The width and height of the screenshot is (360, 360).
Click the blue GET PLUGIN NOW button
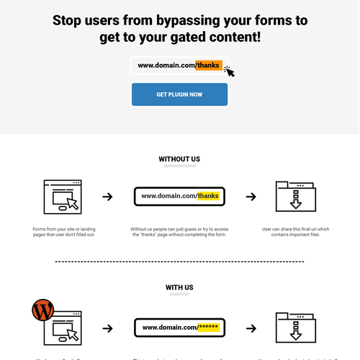tap(179, 94)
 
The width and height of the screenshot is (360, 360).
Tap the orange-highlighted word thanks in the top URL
tap(207, 66)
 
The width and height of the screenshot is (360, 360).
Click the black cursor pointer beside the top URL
tap(230, 71)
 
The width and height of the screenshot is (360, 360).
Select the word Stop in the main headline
tap(71, 20)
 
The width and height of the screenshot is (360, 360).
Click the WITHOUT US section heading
tap(179, 158)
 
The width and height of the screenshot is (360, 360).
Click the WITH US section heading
tap(179, 287)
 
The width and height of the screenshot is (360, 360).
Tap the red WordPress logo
tap(42, 311)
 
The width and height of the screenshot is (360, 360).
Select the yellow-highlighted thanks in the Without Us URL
tap(207, 196)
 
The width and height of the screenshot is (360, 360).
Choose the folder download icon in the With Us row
tap(295, 328)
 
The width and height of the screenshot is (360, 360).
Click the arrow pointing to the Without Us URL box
tap(107, 197)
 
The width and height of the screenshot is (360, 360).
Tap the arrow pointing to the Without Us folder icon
tap(251, 197)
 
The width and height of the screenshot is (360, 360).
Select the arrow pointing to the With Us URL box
tap(107, 328)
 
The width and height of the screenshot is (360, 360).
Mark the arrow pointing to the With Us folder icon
tap(251, 328)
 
